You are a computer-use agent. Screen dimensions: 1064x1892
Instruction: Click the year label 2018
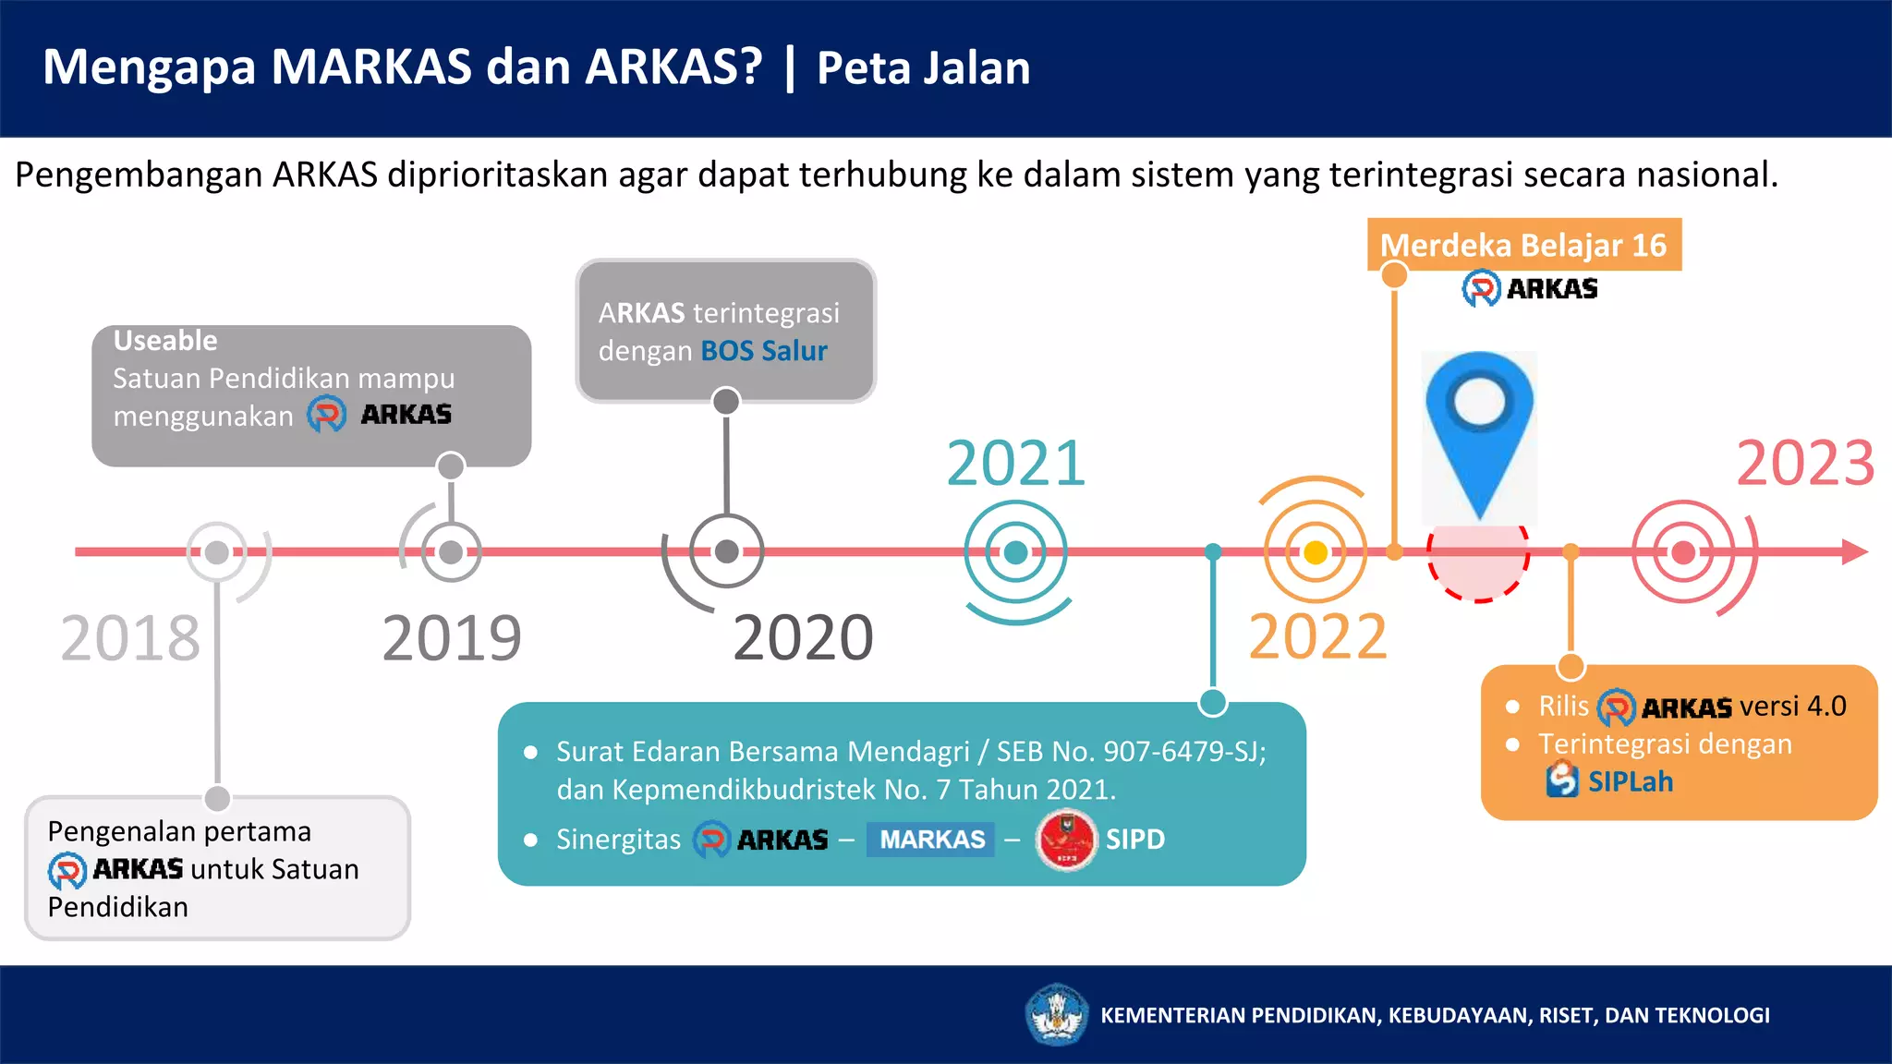pos(130,637)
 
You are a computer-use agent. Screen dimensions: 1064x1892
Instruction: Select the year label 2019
pos(452,637)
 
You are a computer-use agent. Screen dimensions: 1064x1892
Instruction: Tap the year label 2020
pos(803,637)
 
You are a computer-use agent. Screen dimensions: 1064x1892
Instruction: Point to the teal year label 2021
pos(1015,463)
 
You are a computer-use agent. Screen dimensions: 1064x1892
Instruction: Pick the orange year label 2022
pos(1317,636)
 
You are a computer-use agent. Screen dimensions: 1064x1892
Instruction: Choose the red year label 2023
pos(1805,463)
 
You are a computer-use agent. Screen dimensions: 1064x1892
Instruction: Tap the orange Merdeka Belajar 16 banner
pos(1523,245)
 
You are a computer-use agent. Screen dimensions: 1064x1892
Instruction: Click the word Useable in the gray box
pos(165,341)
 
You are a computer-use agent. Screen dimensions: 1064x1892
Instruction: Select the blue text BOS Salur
pos(764,351)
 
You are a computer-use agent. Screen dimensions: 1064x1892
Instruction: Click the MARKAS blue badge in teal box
pos(931,840)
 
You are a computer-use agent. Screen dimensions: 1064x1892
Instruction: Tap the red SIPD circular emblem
pos(1066,840)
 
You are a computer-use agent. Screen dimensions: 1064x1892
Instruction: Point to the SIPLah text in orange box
pos(1630,782)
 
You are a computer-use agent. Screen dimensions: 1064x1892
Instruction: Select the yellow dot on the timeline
pos(1316,552)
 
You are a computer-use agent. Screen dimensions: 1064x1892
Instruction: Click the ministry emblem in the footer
pos(1057,1014)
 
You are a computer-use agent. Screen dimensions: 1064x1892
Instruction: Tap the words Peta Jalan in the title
pos(923,68)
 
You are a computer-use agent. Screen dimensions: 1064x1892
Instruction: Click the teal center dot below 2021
pos(1015,552)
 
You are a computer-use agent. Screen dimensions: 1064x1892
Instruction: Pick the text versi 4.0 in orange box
pos(1792,707)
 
